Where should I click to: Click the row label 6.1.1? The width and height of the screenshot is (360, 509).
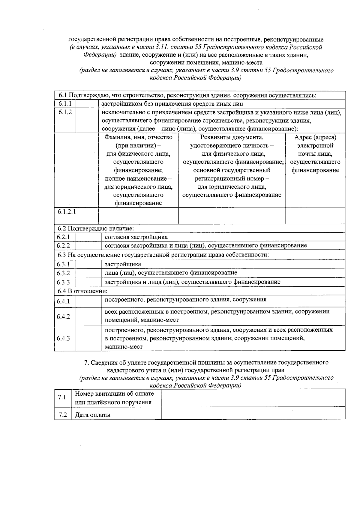65,104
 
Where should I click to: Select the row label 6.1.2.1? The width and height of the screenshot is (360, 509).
67,212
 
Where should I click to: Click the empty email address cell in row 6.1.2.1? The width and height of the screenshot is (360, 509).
315,215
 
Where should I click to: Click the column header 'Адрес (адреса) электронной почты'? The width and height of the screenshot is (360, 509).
315,154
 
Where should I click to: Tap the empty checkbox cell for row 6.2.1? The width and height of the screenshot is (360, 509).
88,237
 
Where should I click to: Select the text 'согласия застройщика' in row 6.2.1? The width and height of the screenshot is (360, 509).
136,237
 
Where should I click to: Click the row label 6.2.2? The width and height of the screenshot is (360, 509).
63,245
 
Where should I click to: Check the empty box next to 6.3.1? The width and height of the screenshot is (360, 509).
88,264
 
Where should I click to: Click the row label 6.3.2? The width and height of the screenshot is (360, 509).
63,273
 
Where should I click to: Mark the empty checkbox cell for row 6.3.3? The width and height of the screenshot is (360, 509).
88,282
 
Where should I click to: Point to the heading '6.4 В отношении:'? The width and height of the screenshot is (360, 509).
82,291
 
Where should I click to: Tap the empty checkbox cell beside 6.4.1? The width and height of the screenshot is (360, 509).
88,301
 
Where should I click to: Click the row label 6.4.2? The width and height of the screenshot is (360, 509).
63,316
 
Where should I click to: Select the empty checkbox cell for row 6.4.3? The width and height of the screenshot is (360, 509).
88,338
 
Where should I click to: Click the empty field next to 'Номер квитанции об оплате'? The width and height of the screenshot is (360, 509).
253,398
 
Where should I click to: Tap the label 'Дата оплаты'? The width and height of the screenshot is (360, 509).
93,415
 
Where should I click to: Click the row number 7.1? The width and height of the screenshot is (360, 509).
62,397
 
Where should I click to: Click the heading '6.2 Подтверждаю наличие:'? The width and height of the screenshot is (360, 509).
95,229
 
